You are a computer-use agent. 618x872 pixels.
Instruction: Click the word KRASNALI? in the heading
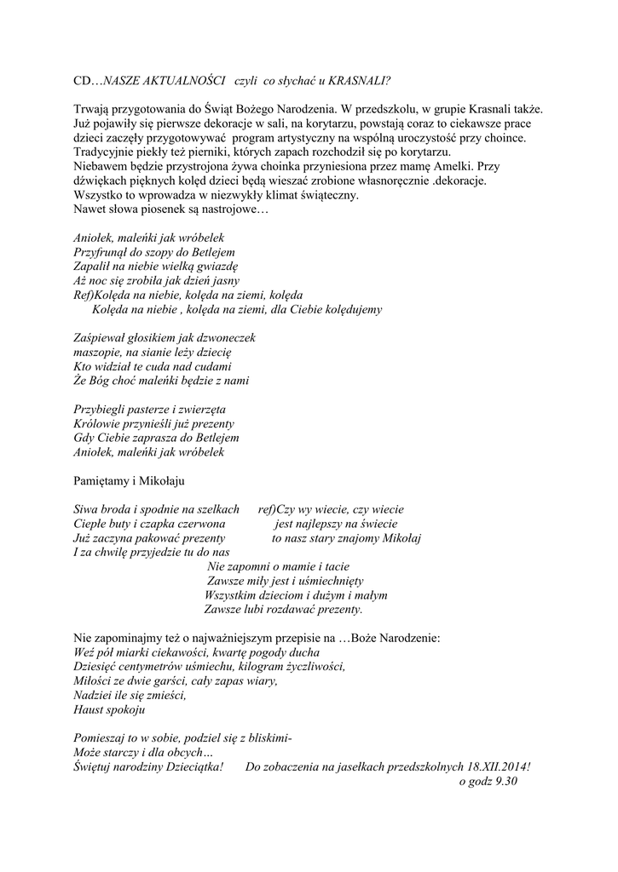tap(360, 80)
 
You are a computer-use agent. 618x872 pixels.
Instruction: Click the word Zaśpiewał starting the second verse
tap(101, 338)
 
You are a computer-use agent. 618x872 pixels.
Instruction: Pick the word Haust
tap(90, 709)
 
